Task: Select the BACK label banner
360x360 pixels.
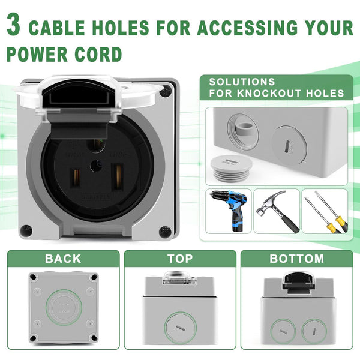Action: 62,259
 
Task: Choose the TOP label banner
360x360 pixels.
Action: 180,259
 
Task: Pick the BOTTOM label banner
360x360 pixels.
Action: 296,259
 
